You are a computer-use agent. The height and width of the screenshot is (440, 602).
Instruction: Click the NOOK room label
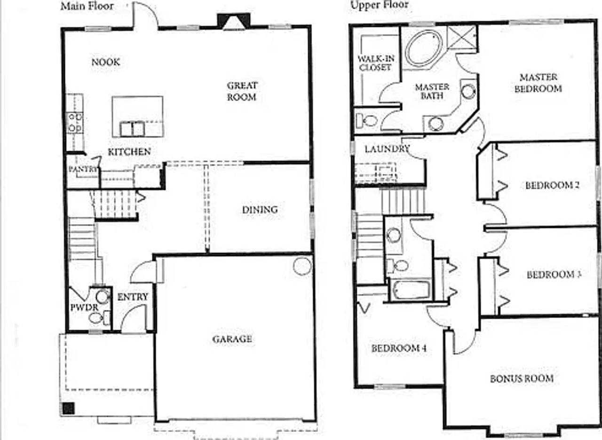coord(105,62)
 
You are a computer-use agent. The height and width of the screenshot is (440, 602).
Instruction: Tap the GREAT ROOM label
coord(242,91)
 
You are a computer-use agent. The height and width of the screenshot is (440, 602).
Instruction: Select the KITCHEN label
coord(129,151)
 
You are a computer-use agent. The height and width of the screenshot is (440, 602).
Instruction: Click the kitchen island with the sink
coord(137,117)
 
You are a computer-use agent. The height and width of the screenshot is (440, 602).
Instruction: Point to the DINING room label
coord(260,210)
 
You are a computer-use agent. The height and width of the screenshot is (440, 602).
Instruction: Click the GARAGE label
coord(232,339)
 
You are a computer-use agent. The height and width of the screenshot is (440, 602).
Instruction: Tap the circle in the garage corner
coord(302,266)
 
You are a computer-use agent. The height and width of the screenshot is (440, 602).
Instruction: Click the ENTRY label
coord(133,297)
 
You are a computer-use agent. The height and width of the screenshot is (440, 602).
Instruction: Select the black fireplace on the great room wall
coord(234,21)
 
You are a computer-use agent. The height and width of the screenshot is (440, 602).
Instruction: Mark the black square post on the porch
coord(69,408)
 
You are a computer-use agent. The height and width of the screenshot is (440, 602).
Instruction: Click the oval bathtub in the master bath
coord(424,48)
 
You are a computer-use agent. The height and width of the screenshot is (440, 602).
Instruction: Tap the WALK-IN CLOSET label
coord(376,63)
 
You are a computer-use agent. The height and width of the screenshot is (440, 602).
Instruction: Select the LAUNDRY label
coord(387,149)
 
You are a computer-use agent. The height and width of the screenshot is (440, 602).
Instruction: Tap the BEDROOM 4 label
coord(399,348)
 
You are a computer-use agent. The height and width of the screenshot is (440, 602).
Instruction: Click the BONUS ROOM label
coord(522,378)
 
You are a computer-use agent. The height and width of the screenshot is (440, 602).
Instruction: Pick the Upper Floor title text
coord(379,5)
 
